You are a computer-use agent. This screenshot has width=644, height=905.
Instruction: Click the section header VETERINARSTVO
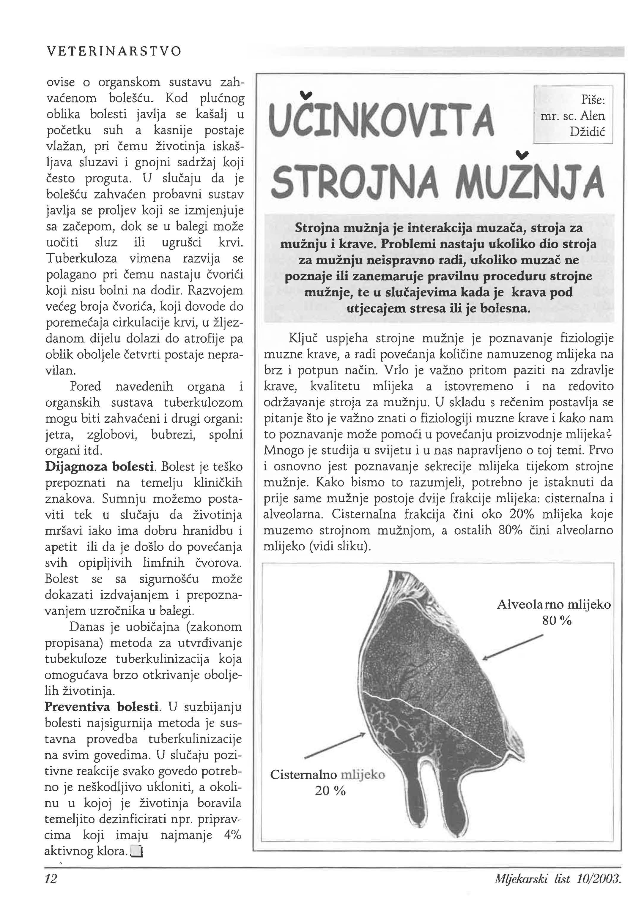click(x=114, y=51)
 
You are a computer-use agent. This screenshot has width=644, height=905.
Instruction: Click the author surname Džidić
click(x=587, y=132)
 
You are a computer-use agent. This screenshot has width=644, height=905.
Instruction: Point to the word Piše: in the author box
click(x=593, y=100)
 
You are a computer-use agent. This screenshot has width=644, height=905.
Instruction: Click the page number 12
click(x=51, y=879)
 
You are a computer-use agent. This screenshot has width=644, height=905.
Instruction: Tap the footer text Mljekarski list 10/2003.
click(x=557, y=879)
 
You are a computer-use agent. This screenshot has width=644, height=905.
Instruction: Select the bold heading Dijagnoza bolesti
click(x=100, y=467)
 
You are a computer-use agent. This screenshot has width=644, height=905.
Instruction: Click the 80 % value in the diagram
click(x=557, y=620)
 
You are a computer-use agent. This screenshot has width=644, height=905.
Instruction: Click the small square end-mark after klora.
click(x=136, y=851)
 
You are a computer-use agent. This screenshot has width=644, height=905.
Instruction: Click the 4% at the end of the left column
click(x=232, y=835)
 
